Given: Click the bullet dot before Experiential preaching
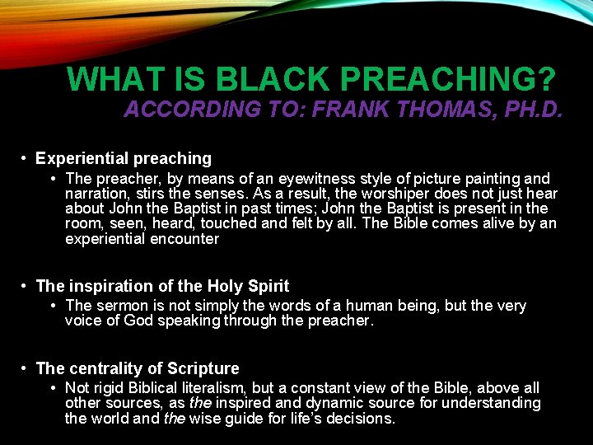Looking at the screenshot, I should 26,158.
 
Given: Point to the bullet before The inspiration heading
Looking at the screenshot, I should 26,286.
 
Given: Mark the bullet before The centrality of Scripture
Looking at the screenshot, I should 26,368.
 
